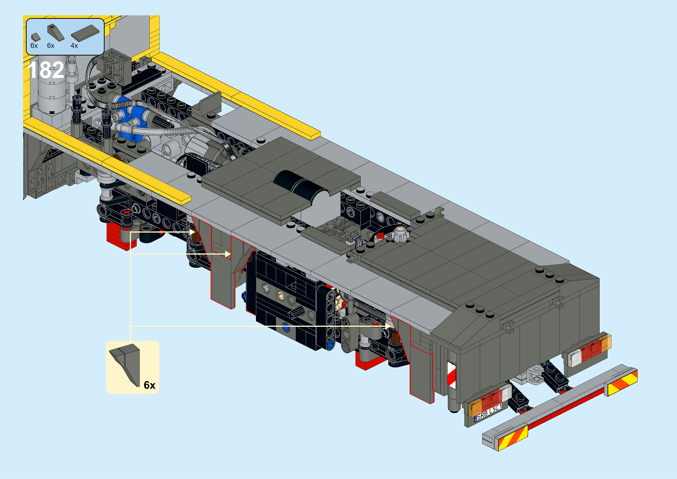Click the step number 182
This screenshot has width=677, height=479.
[46, 70]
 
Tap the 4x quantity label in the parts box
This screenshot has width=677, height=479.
[74, 46]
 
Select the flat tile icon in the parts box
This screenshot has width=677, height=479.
[85, 33]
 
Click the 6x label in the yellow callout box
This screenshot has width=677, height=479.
[149, 385]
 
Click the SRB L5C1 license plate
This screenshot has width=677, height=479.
[489, 412]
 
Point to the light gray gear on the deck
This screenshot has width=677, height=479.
[399, 234]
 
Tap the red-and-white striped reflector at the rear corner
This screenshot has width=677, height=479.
[452, 375]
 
